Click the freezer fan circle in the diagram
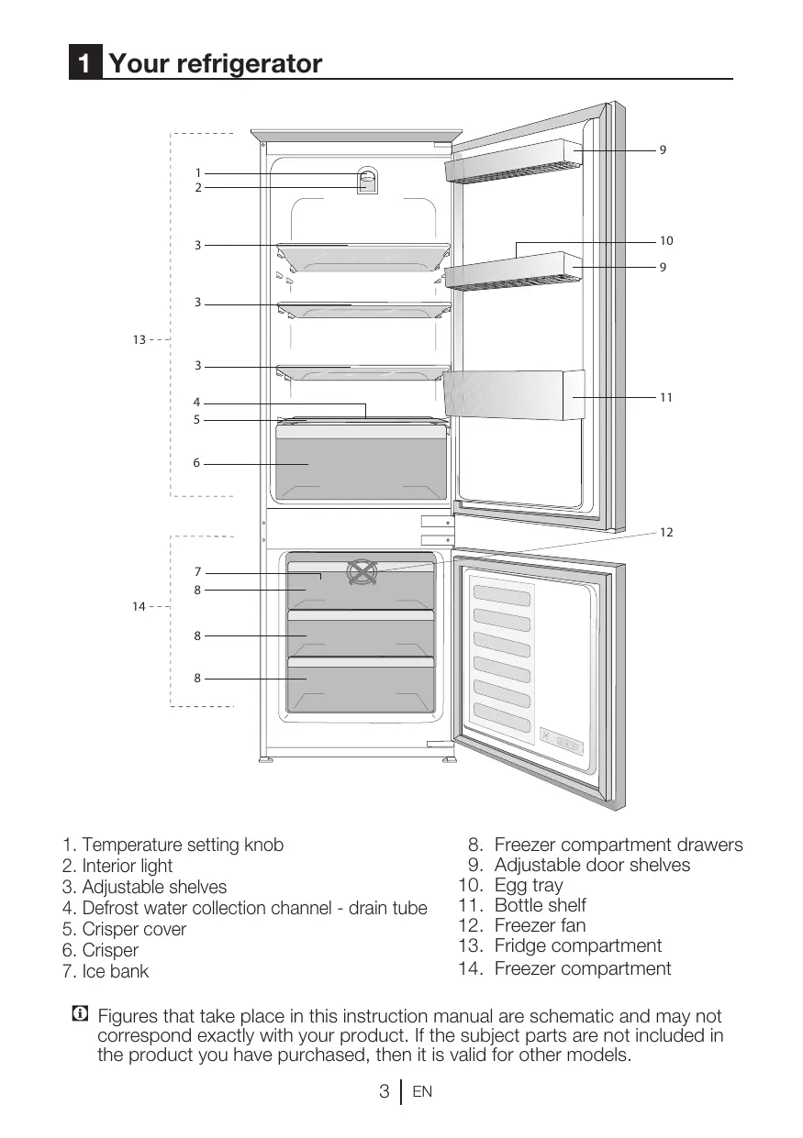click(362, 572)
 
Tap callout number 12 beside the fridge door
click(665, 533)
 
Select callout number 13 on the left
click(139, 340)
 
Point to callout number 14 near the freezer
click(139, 607)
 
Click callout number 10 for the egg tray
click(665, 241)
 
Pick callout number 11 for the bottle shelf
click(665, 397)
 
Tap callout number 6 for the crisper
click(196, 464)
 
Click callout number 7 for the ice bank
click(196, 572)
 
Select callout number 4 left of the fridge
click(196, 402)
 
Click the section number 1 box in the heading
click(84, 64)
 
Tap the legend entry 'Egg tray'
click(529, 886)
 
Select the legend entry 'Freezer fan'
click(540, 926)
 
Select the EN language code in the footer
click(422, 1093)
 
